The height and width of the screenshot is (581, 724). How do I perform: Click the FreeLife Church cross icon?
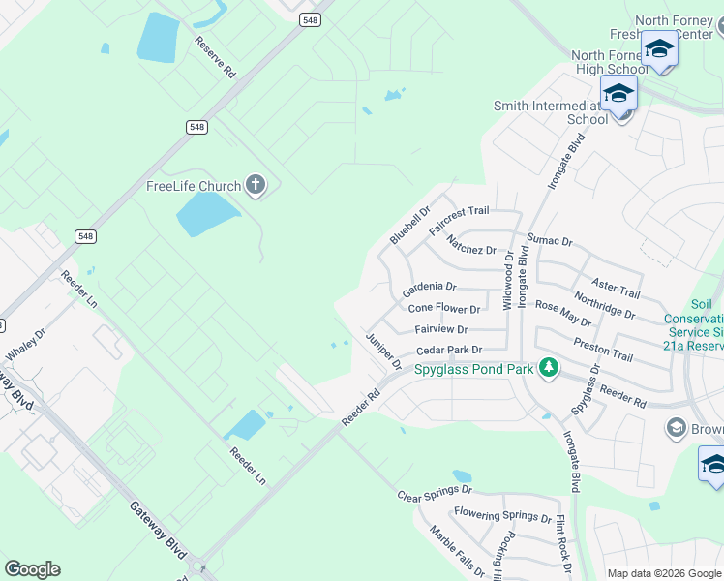pyautogui.click(x=256, y=185)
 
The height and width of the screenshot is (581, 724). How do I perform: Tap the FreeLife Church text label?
pyautogui.click(x=194, y=186)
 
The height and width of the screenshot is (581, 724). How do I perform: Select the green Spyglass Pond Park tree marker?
pyautogui.click(x=549, y=368)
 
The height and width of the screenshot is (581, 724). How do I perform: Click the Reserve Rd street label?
pyautogui.click(x=215, y=57)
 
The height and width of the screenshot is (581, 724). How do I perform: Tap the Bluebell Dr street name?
pyautogui.click(x=409, y=225)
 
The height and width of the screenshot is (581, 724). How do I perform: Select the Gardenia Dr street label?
pyautogui.click(x=429, y=288)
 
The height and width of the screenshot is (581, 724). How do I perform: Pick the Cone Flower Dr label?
pyautogui.click(x=444, y=309)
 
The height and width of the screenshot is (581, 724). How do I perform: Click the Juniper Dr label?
pyautogui.click(x=383, y=351)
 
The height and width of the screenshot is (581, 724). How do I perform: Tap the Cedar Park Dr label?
pyautogui.click(x=448, y=350)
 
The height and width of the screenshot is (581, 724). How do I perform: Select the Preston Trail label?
pyautogui.click(x=602, y=350)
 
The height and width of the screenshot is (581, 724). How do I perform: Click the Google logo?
pyautogui.click(x=32, y=569)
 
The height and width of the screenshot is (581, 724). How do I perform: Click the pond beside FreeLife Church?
pyautogui.click(x=206, y=213)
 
